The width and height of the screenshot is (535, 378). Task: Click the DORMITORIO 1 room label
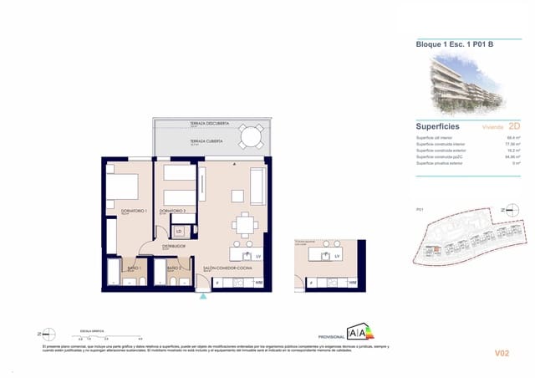(134, 211)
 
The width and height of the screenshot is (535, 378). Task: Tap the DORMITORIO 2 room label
(172, 211)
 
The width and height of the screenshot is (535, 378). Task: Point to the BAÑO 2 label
(173, 268)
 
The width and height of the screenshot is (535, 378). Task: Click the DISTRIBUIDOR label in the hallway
(174, 247)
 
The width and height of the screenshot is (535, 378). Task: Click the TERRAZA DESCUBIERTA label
(210, 124)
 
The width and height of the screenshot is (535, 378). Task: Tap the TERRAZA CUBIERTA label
(206, 142)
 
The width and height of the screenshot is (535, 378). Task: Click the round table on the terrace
(249, 135)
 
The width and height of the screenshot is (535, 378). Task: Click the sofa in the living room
(258, 181)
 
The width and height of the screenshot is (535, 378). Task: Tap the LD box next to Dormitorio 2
(179, 231)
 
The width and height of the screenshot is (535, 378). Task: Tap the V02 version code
(502, 354)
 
